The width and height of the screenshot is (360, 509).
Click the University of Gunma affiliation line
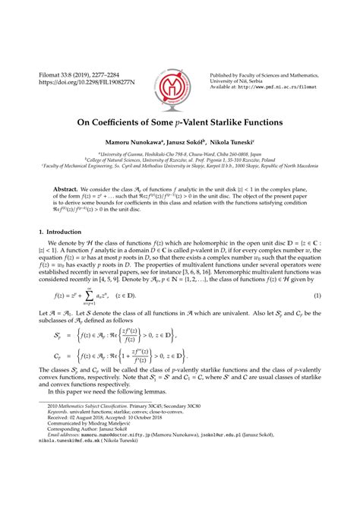pyautogui.click(x=179, y=152)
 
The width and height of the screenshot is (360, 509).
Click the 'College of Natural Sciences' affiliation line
pyautogui.click(x=179, y=159)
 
